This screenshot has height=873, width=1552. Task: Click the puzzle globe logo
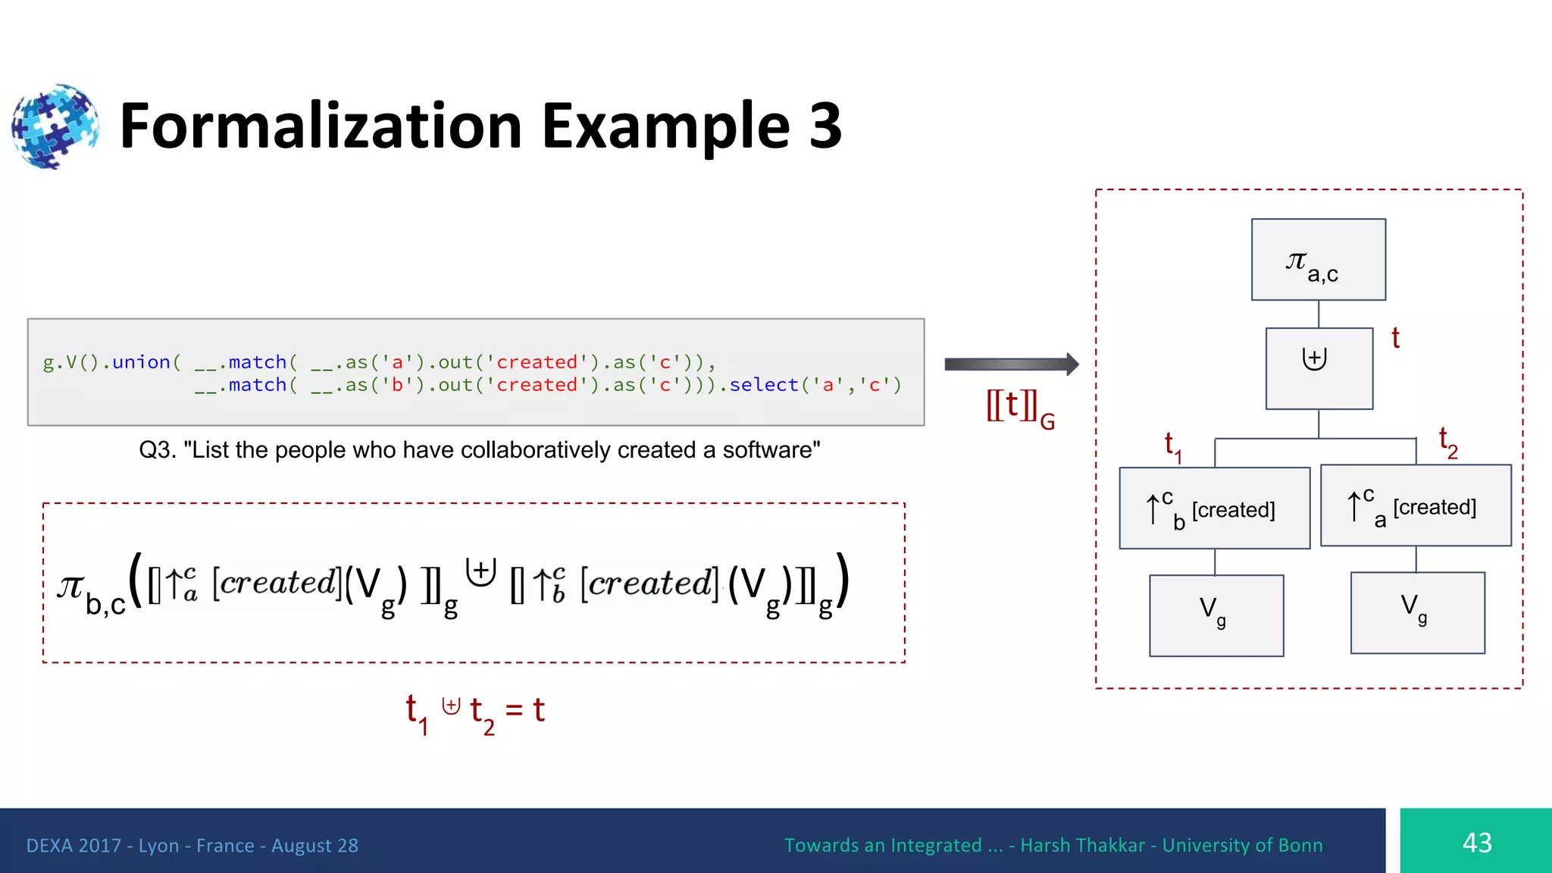(x=55, y=126)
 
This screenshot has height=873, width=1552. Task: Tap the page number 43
(x=1476, y=843)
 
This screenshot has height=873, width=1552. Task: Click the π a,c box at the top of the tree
(x=1318, y=260)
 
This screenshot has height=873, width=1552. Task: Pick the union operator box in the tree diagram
(x=1319, y=368)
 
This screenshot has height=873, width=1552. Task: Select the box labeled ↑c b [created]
(x=1214, y=508)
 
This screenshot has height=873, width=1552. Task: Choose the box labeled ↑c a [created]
(x=1415, y=505)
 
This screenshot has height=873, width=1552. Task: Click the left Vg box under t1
(x=1216, y=615)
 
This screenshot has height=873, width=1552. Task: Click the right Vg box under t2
(x=1417, y=612)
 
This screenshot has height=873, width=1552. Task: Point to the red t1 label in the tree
(x=1172, y=446)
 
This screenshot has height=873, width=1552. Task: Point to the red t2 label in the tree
(x=1447, y=442)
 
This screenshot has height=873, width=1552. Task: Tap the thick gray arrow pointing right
(x=1011, y=365)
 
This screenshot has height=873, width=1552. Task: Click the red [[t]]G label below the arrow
(x=1019, y=409)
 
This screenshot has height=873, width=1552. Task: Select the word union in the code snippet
(x=141, y=362)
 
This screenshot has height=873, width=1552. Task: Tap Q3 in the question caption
(x=157, y=450)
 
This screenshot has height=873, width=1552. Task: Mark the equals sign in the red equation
(x=514, y=710)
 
